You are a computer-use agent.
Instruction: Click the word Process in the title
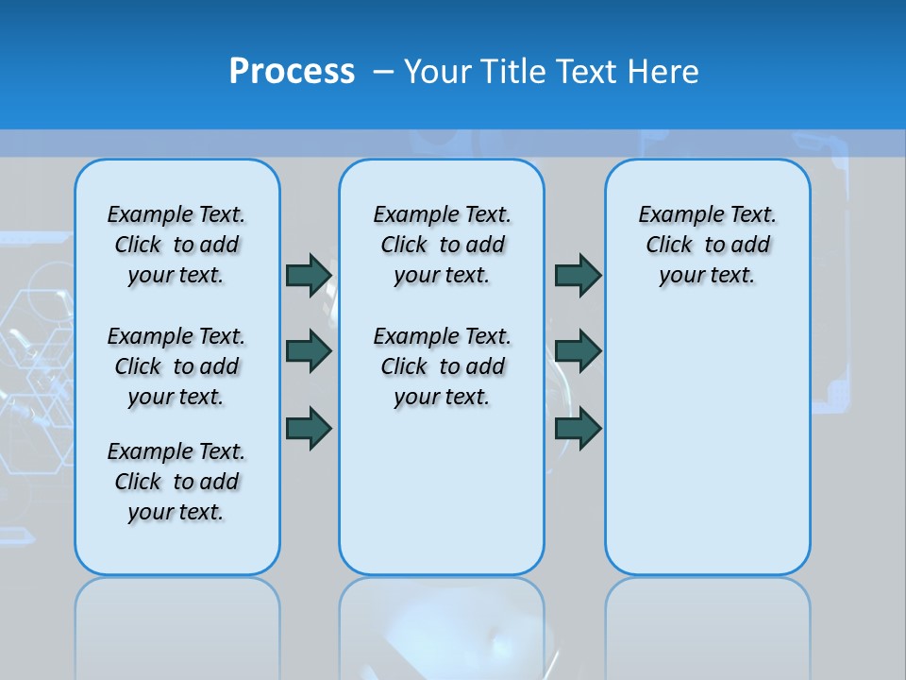coord(292,72)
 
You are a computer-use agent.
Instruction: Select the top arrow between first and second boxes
coord(309,275)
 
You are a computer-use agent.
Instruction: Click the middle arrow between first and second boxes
coord(309,351)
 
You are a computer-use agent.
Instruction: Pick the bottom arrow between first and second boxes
coord(309,427)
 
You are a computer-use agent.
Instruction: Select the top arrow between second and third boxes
coord(579,275)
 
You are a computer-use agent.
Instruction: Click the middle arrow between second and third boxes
coord(579,351)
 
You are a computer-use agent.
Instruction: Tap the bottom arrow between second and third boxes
coord(579,428)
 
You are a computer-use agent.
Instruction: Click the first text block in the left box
coord(176,245)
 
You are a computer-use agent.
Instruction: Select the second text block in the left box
coord(176,366)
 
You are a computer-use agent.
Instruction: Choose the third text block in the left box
coord(176,482)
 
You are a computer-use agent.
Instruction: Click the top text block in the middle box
coord(442,245)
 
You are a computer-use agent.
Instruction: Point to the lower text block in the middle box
coord(442,366)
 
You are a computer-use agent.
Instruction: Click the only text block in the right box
coord(708,245)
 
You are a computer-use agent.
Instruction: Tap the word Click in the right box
coord(669,245)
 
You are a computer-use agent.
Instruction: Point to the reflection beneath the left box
coord(177,623)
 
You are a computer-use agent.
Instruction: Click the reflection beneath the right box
coord(708,623)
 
